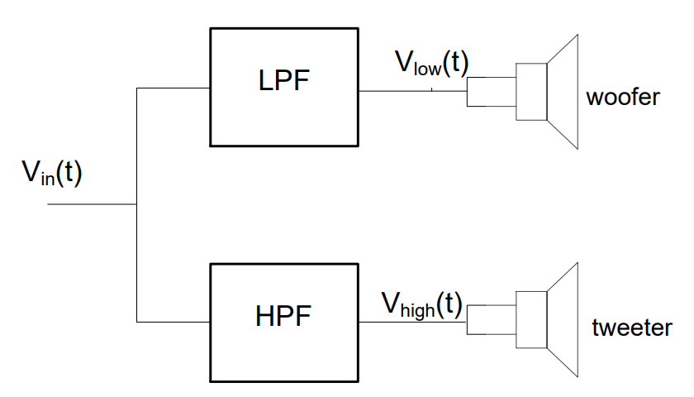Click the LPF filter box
[285, 116]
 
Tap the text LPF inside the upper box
[285, 82]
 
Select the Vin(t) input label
[52, 175]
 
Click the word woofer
[622, 98]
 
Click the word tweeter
[631, 328]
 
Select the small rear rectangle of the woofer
[490, 91]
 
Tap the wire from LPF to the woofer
[413, 90]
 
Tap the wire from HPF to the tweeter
[413, 322]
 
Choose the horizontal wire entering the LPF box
[173, 88]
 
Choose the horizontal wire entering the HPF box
[173, 322]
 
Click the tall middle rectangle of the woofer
[530, 90]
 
